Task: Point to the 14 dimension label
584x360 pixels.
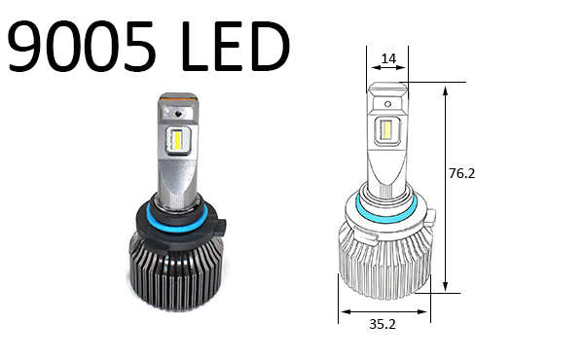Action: point(388,59)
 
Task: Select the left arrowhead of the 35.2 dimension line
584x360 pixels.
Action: point(343,313)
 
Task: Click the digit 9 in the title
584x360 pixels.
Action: point(30,46)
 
